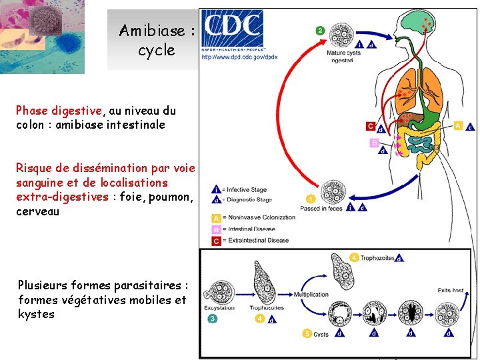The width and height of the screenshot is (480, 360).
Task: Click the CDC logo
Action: point(232,28)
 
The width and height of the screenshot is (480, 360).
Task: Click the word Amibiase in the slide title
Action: point(151,31)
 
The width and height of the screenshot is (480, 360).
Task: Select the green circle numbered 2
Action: point(320,31)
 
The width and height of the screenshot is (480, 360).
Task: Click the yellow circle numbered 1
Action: point(310,199)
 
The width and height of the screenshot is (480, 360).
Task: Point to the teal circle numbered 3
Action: point(212,319)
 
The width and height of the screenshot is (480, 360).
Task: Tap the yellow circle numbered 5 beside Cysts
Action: point(307,333)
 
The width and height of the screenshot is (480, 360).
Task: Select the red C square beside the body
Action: point(370,126)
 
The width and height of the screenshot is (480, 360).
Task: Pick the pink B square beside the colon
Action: point(373,143)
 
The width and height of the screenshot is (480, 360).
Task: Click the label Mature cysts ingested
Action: point(344,56)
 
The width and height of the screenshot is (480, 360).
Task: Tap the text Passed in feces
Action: point(321,209)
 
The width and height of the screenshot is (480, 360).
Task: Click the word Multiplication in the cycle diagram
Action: point(311,294)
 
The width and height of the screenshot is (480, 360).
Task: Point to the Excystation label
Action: point(220,308)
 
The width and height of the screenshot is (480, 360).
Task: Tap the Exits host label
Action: point(451,291)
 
